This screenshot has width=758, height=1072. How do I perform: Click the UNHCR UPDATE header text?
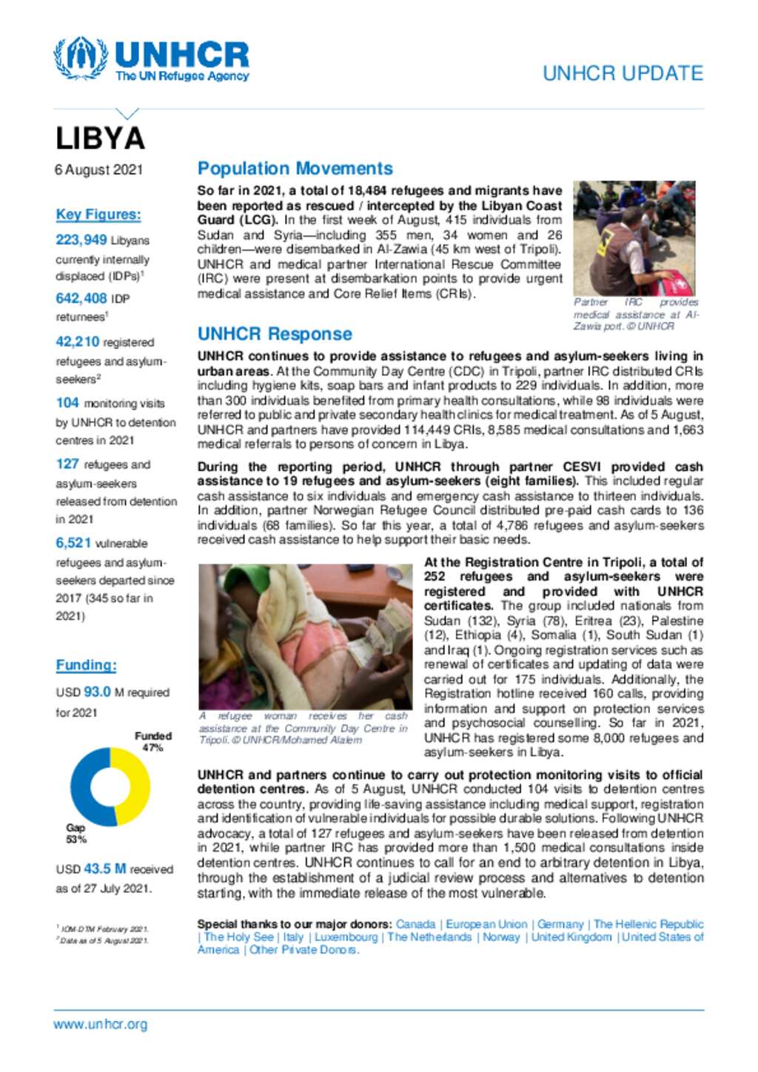623,73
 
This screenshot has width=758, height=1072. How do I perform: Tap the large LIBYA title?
100,138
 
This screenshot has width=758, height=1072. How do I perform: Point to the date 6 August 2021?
98,169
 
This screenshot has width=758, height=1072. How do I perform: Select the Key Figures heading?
98,215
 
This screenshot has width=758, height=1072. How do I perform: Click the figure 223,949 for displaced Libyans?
81,240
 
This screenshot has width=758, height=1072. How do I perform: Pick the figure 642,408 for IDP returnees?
81,298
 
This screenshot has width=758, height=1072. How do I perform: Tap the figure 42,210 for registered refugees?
77,342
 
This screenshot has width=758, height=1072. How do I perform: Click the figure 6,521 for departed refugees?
73,543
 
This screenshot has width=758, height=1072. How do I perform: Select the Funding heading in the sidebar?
86,665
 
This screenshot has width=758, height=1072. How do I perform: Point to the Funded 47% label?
152,741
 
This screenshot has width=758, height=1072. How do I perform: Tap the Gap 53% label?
76,834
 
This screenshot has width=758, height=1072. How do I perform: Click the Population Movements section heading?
295,169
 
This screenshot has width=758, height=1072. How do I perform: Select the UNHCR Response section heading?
275,334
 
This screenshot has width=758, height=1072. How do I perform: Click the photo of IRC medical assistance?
634,238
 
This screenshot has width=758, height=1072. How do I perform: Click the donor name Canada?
415,924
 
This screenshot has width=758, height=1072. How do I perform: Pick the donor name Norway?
501,937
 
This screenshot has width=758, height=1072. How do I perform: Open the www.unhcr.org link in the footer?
100,1025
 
